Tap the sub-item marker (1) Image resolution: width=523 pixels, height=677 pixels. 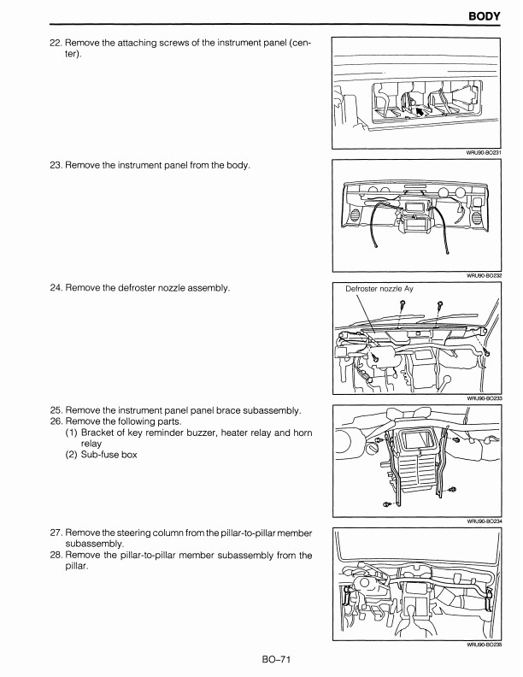pyautogui.click(x=72, y=433)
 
